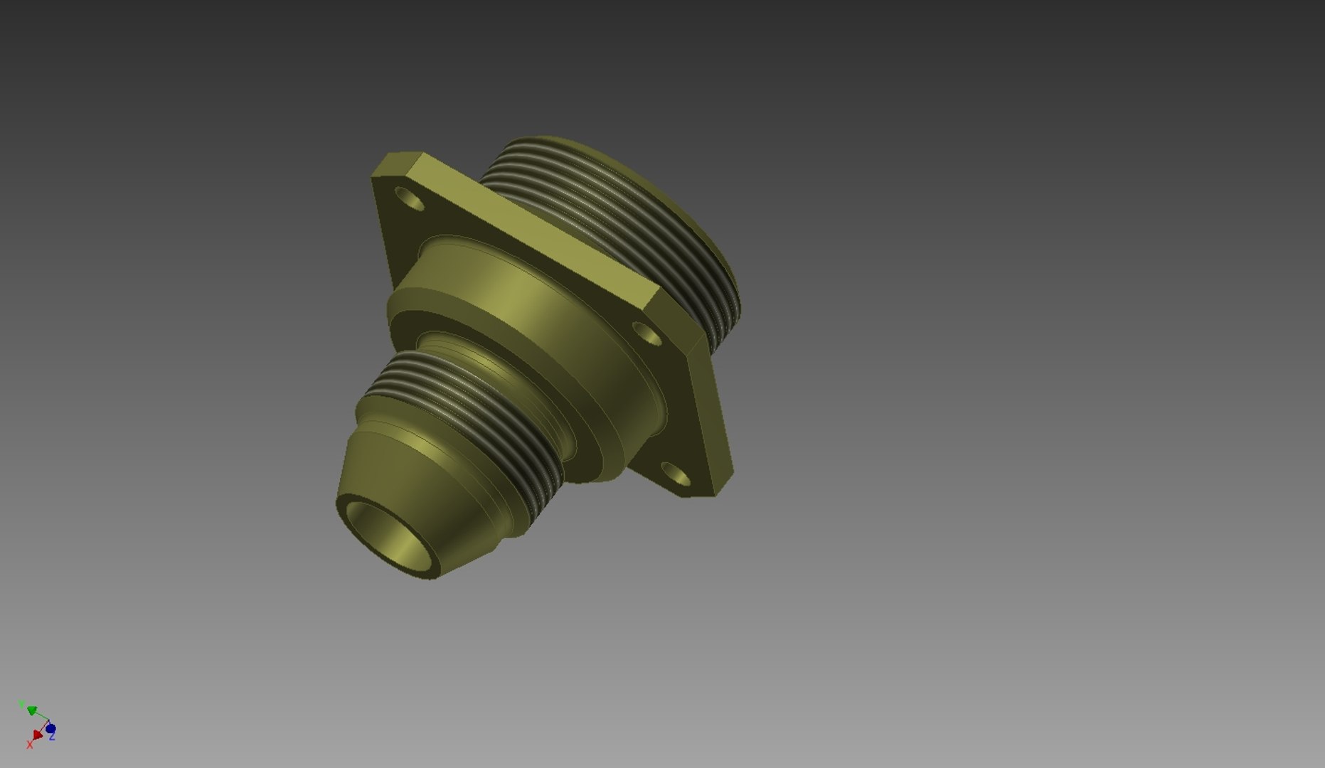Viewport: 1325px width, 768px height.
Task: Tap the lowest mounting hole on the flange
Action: (x=676, y=474)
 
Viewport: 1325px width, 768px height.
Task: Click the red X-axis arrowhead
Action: (x=37, y=735)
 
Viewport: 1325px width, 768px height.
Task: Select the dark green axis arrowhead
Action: (x=32, y=710)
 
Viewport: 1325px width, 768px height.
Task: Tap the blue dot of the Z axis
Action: (x=50, y=729)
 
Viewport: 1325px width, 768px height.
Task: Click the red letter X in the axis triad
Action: (x=30, y=745)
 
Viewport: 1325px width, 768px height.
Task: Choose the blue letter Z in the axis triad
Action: (x=53, y=737)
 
